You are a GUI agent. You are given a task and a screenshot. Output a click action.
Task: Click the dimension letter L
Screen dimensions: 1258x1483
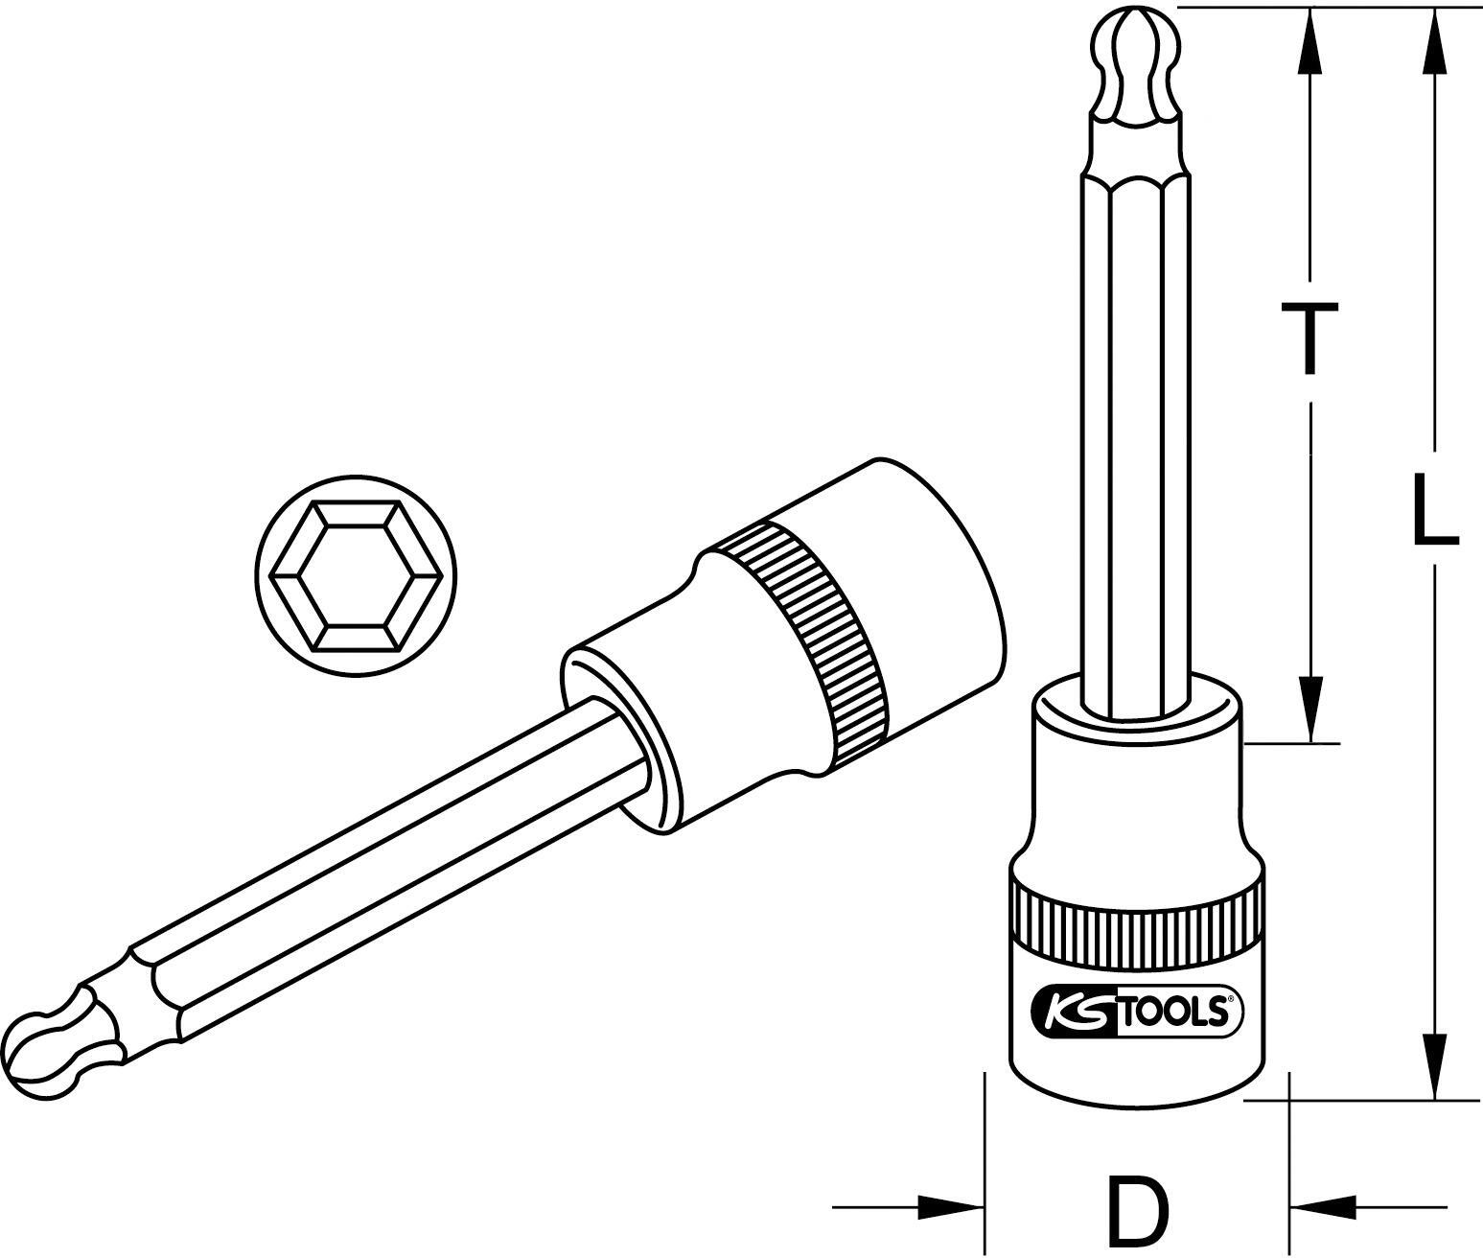pyautogui.click(x=1434, y=508)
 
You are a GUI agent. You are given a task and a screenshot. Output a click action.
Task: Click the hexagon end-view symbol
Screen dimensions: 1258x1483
pyautogui.click(x=356, y=576)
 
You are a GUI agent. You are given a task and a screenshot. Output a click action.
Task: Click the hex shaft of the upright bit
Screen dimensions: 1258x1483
pyautogui.click(x=1135, y=431)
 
